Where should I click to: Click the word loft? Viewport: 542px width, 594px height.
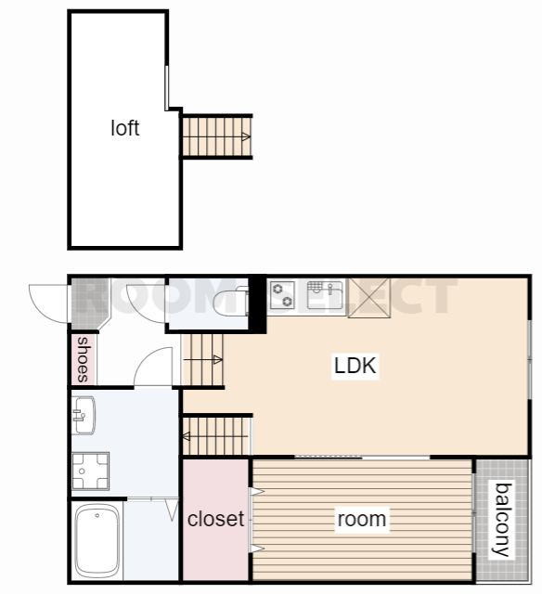pyautogui.click(x=125, y=128)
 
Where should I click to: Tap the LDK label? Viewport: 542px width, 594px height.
pyautogui.click(x=355, y=366)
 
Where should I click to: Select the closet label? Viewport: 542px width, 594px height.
pyautogui.click(x=215, y=519)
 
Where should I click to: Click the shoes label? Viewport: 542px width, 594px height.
pyautogui.click(x=83, y=359)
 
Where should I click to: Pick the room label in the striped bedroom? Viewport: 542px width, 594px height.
pyautogui.click(x=362, y=519)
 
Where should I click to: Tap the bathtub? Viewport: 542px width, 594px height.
pyautogui.click(x=97, y=541)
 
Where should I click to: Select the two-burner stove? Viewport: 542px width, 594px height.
pyautogui.click(x=282, y=295)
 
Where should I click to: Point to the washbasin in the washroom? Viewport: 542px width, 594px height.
pyautogui.click(x=84, y=415)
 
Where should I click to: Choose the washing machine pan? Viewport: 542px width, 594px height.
pyautogui.click(x=91, y=471)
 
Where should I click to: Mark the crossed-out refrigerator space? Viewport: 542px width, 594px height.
pyautogui.click(x=368, y=298)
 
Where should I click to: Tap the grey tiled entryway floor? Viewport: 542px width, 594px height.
pyautogui.click(x=89, y=303)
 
